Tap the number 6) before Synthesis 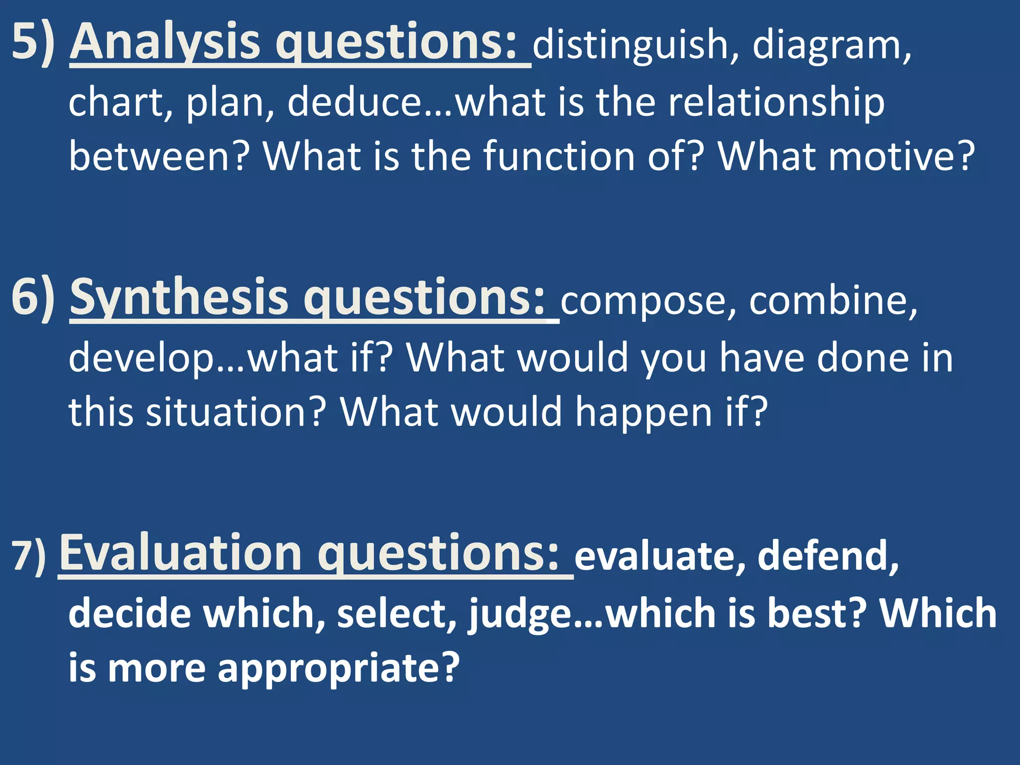(33, 297)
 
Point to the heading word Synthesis (179, 297)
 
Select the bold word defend (827, 556)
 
